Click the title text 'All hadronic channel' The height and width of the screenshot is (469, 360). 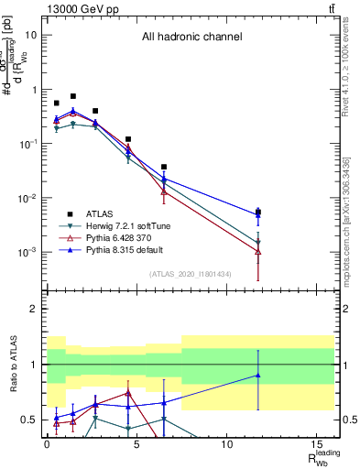click(x=191, y=38)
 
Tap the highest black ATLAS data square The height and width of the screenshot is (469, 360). click(x=73, y=96)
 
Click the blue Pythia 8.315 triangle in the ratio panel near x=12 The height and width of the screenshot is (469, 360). click(x=258, y=375)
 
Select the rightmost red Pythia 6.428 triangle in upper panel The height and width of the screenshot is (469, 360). click(x=258, y=251)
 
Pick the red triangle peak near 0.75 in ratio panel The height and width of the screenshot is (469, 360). click(x=128, y=392)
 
